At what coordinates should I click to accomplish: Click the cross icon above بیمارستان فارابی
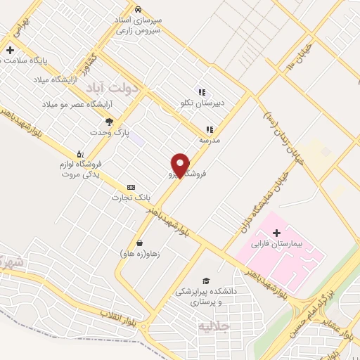(276, 233)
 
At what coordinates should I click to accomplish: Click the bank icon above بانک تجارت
(131, 187)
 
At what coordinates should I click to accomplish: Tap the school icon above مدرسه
(209, 129)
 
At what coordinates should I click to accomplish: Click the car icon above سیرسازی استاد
(139, 9)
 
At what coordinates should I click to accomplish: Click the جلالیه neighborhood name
(214, 327)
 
